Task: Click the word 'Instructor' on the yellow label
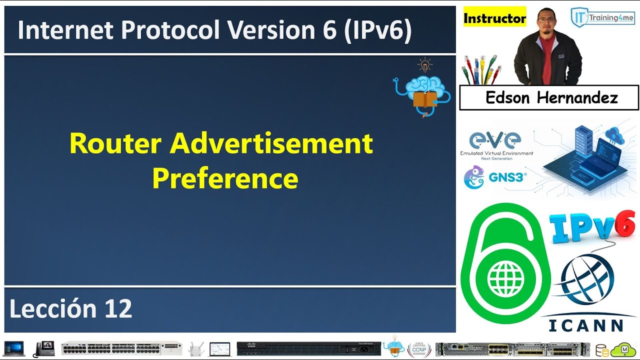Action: [494, 18]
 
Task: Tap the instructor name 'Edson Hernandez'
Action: [551, 97]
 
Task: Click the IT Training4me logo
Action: [602, 17]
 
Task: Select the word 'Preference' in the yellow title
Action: [225, 178]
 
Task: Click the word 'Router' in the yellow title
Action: [115, 144]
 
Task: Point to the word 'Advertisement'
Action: [271, 144]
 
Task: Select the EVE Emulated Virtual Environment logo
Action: [496, 145]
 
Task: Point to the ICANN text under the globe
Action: [586, 325]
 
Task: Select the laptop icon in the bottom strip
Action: [14, 348]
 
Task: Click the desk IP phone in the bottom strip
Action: [44, 348]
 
